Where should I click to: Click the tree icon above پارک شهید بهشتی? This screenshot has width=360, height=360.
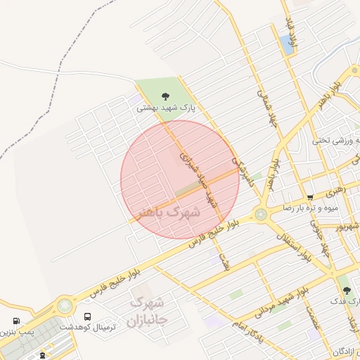[166, 96]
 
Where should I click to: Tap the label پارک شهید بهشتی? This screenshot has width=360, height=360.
[165, 108]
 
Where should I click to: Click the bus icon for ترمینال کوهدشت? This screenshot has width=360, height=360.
[87, 317]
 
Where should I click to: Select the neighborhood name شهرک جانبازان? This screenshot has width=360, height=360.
[147, 313]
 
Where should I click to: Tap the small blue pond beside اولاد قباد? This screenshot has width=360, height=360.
[288, 44]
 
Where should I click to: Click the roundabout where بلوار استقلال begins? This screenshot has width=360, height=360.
[262, 214]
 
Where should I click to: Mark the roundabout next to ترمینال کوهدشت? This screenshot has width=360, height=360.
[65, 306]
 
